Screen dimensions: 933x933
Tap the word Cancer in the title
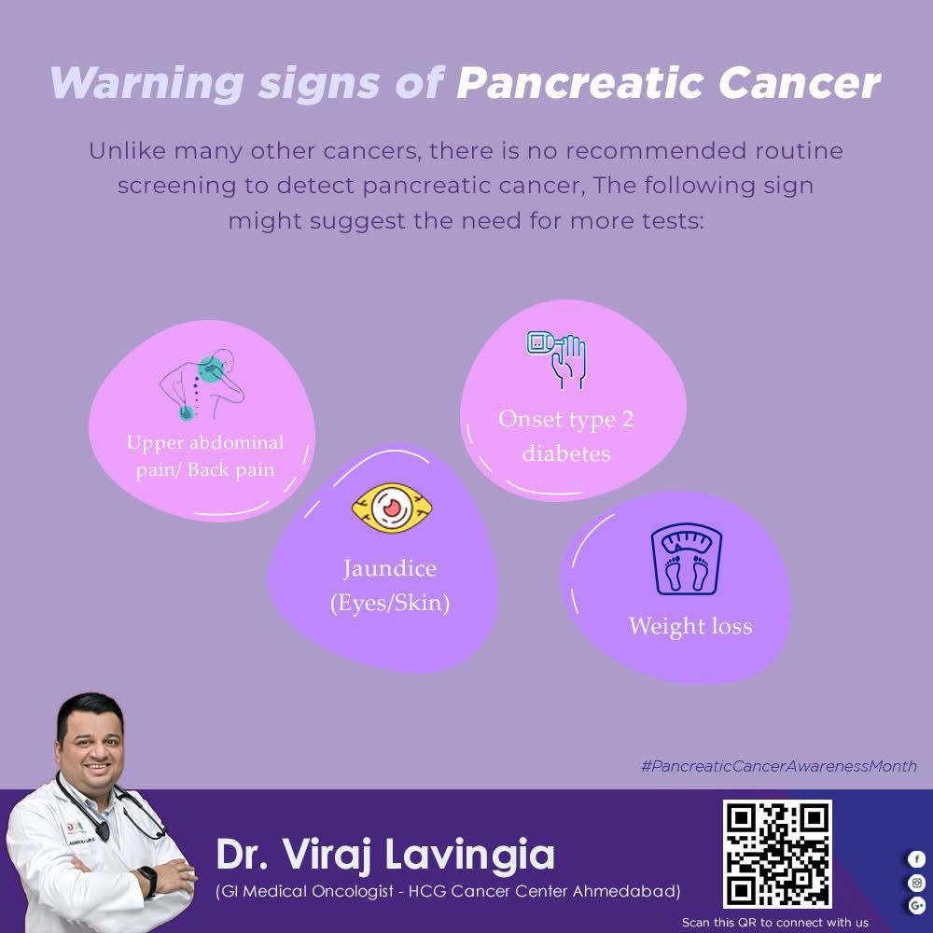800,83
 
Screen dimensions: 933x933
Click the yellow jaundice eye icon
392,508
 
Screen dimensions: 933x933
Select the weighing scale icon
686,559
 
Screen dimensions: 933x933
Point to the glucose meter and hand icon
557,360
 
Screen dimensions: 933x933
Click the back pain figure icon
202,384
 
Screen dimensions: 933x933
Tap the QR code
777,854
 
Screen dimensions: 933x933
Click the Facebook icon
916,859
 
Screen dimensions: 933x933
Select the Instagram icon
916,883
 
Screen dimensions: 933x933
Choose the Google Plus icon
916,906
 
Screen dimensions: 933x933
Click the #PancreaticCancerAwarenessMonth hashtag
779,766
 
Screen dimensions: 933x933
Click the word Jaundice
390,568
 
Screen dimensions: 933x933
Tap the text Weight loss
690,626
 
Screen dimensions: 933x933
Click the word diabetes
566,453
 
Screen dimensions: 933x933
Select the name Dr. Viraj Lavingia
385,855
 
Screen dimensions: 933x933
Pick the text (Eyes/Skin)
390,603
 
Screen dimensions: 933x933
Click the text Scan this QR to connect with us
775,923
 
